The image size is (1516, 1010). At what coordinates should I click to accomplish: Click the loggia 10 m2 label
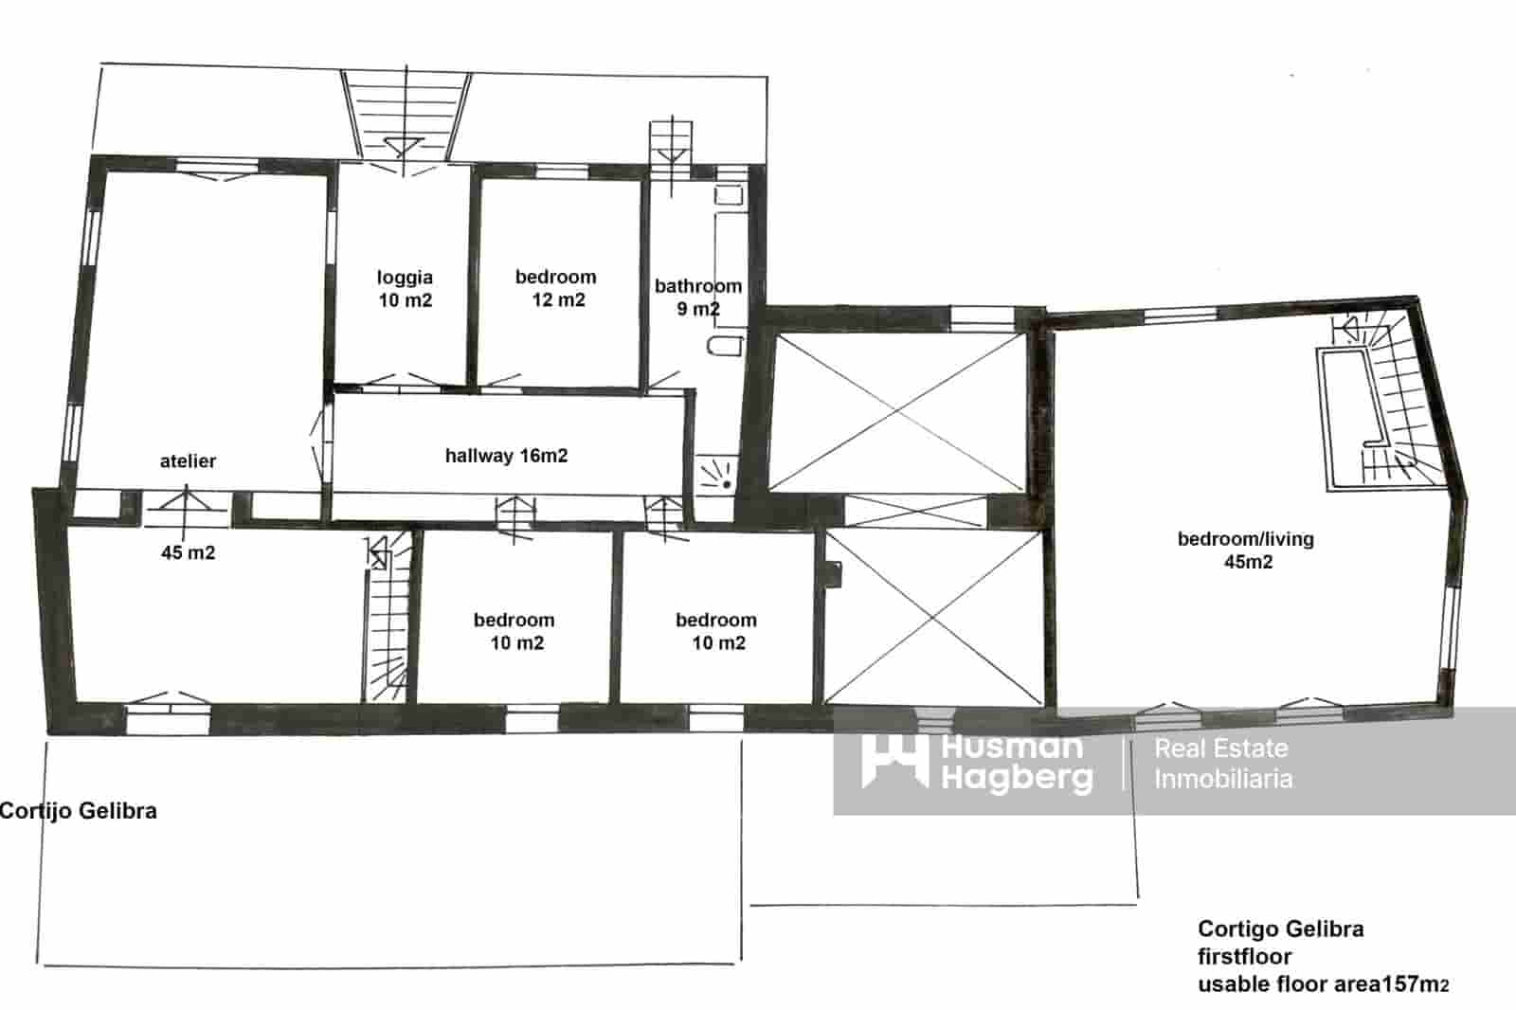point(405,289)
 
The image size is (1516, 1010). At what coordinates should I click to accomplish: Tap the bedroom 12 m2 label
point(556,289)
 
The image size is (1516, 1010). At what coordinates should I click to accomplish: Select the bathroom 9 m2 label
point(698,297)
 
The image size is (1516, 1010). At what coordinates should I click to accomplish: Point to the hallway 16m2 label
point(506,456)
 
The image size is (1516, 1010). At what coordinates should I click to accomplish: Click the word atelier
point(188,461)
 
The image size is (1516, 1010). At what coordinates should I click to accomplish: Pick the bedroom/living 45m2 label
point(1246,550)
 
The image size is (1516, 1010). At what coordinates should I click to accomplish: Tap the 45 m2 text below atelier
point(188,552)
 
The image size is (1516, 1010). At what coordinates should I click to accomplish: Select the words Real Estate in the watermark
point(1221,748)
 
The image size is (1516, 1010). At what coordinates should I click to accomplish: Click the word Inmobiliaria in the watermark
point(1223,780)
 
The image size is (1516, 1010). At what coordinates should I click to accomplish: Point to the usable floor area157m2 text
point(1323,984)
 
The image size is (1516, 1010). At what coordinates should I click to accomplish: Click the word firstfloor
point(1244,957)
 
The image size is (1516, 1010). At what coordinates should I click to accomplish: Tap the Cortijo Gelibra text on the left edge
point(79,811)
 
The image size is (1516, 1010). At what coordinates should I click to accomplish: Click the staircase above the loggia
point(406,114)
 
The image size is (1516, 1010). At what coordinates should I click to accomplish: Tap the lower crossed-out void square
point(933,617)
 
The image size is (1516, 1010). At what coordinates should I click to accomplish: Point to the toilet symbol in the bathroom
point(726,344)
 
